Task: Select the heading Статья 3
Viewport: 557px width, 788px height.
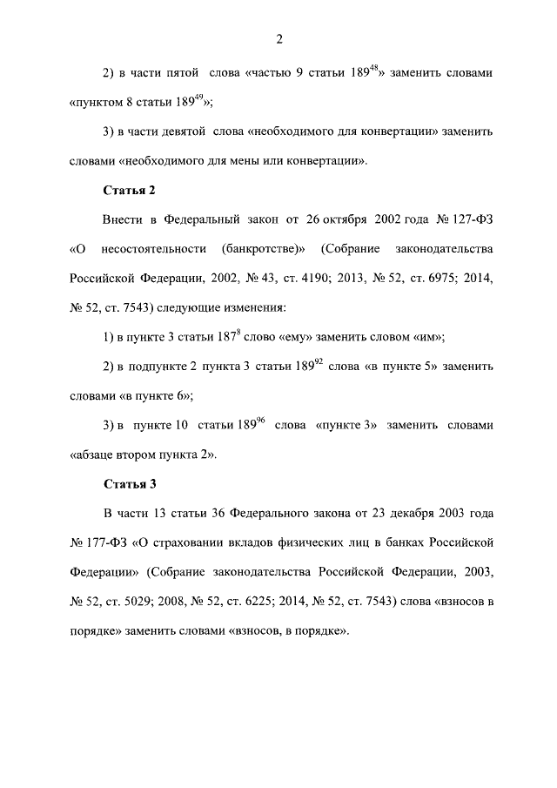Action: point(129,483)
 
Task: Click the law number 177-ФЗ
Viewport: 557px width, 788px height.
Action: point(107,543)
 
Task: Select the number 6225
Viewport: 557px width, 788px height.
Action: point(289,602)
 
